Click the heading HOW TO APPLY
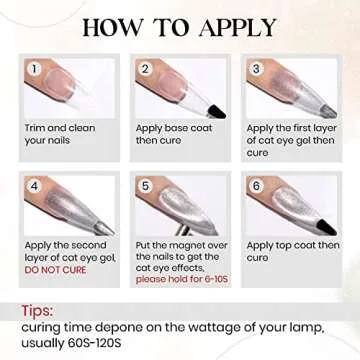(x=180, y=25)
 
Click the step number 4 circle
(x=37, y=185)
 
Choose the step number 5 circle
(x=145, y=185)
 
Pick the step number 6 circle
(x=256, y=185)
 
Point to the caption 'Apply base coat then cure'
(x=171, y=134)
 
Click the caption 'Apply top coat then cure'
(x=293, y=250)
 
